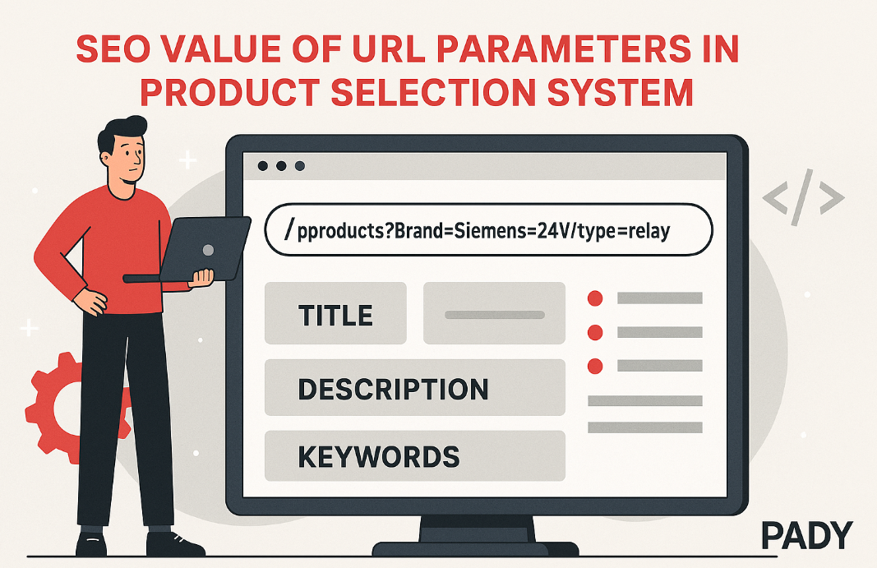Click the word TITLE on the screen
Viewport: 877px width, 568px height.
335,315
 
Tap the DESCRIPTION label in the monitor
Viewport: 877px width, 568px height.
393,389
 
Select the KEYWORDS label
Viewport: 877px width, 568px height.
379,457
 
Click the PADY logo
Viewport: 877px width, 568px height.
807,536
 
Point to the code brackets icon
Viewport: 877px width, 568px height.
804,197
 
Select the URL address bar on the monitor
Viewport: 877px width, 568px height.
488,229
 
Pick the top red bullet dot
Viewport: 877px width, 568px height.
595,298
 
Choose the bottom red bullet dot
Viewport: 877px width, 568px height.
595,367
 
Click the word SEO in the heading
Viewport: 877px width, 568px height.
113,48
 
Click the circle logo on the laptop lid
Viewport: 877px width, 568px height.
208,250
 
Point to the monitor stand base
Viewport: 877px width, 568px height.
475,547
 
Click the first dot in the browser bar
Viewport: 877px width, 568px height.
262,166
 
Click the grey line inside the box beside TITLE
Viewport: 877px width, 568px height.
495,315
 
